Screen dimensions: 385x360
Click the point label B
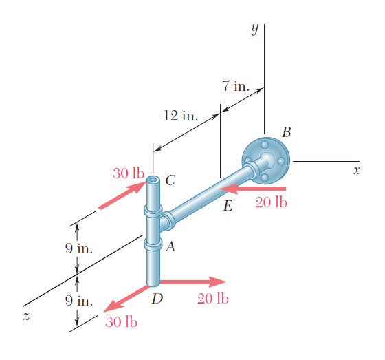tap(286, 132)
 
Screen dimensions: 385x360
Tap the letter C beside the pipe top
tap(170, 180)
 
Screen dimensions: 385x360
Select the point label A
tap(170, 246)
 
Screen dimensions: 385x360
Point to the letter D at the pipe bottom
tap(157, 299)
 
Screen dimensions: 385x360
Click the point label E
tap(228, 206)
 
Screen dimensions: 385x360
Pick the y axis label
tap(255, 30)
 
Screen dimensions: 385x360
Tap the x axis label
tap(357, 170)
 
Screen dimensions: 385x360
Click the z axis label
tap(26, 316)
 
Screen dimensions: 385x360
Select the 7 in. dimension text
tap(236, 86)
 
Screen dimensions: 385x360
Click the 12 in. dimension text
tap(180, 116)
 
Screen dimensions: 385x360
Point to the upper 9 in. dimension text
tap(79, 248)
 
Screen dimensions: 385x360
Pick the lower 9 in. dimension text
tap(79, 301)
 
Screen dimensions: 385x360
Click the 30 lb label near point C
tap(129, 173)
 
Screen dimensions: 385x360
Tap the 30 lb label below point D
tap(121, 322)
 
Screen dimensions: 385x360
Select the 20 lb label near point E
tap(271, 202)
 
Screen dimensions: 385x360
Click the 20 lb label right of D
tap(213, 299)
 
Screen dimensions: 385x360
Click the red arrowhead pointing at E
tap(229, 189)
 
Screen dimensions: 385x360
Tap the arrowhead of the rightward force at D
tap(217, 282)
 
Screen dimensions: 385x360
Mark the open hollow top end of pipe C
tap(153, 180)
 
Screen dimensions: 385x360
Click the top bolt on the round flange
tap(265, 145)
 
